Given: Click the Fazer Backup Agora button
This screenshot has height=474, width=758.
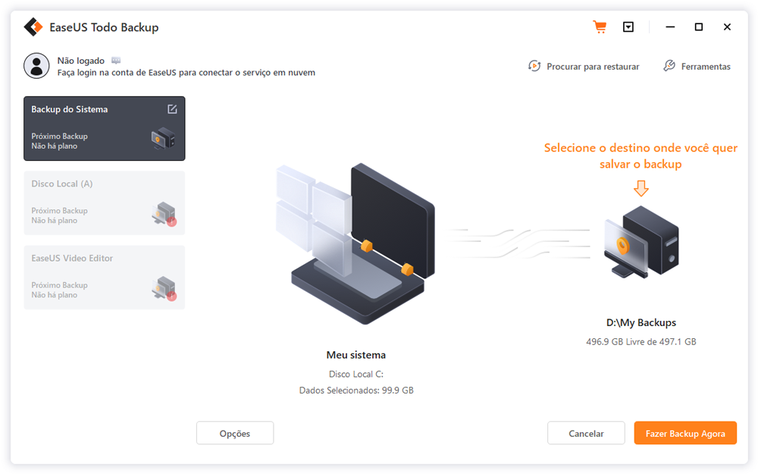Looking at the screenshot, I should click(x=685, y=433).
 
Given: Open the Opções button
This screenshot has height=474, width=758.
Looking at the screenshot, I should click(x=235, y=433).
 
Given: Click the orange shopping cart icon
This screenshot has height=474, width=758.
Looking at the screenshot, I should click(x=600, y=27).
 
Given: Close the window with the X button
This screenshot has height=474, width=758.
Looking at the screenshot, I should click(x=727, y=27).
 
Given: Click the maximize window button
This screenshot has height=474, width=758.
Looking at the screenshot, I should click(x=699, y=27).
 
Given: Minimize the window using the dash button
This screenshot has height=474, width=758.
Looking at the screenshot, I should click(x=671, y=27).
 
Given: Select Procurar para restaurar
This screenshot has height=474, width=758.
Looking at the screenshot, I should click(x=584, y=67).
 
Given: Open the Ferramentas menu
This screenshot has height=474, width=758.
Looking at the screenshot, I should click(x=697, y=67).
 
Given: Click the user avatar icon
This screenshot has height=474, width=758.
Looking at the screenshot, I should click(x=36, y=66).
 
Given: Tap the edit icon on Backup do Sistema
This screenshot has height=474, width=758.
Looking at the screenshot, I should click(x=172, y=109).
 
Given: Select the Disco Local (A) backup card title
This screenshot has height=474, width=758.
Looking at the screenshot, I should click(x=62, y=184).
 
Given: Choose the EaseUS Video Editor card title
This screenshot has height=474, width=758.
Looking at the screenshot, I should click(x=72, y=258).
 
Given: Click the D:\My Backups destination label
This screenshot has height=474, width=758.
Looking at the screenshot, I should click(x=641, y=323).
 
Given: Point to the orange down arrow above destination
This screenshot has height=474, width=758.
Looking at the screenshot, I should click(x=641, y=188).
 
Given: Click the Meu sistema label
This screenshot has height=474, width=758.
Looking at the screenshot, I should click(x=356, y=355).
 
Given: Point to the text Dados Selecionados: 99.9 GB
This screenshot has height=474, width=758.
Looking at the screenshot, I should click(x=356, y=391).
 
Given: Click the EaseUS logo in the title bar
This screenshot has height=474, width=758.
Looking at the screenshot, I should click(x=33, y=27).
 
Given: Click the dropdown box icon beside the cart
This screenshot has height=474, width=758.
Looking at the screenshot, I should click(x=628, y=27).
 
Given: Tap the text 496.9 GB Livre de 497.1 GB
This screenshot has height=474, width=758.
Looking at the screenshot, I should click(x=641, y=342).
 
